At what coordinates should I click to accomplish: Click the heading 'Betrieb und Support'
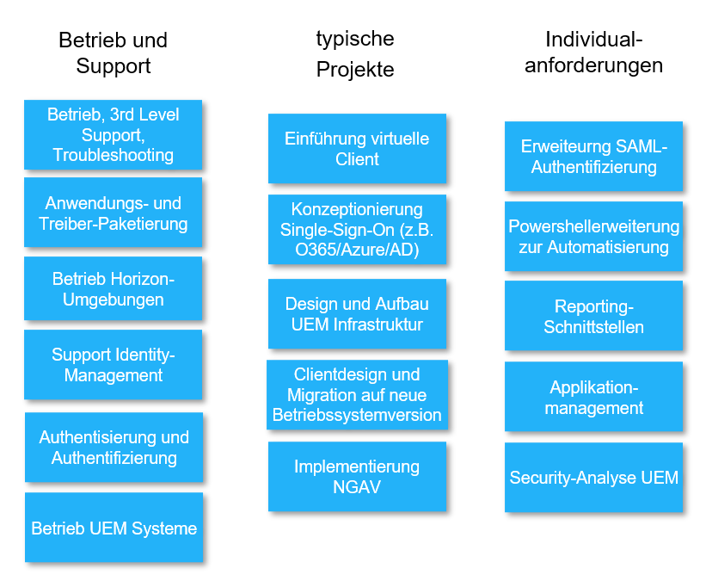pyautogui.click(x=113, y=53)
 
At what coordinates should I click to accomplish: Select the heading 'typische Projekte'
pyautogui.click(x=355, y=53)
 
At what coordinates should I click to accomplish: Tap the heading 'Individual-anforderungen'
pyautogui.click(x=593, y=52)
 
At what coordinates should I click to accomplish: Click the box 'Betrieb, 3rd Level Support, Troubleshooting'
pyautogui.click(x=113, y=134)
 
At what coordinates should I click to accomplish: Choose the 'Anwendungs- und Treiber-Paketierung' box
pyautogui.click(x=113, y=213)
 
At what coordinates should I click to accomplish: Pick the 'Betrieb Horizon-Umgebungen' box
pyautogui.click(x=113, y=289)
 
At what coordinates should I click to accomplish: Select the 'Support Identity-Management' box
pyautogui.click(x=113, y=365)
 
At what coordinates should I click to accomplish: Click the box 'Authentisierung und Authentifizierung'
pyautogui.click(x=114, y=448)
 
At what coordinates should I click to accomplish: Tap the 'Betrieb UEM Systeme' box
pyautogui.click(x=114, y=528)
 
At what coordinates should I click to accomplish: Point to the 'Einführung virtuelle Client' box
pyautogui.click(x=357, y=148)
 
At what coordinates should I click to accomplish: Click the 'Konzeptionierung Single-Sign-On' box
pyautogui.click(x=357, y=230)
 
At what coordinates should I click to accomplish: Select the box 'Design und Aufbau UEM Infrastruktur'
pyautogui.click(x=357, y=314)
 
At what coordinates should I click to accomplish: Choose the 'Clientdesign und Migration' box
pyautogui.click(x=357, y=395)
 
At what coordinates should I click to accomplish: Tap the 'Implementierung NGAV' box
pyautogui.click(x=357, y=477)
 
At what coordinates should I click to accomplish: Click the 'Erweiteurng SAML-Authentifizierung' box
pyautogui.click(x=593, y=157)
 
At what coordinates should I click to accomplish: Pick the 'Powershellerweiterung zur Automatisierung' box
pyautogui.click(x=593, y=237)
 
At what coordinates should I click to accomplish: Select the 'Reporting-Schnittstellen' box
pyautogui.click(x=593, y=316)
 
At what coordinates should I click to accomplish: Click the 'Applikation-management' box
pyautogui.click(x=593, y=397)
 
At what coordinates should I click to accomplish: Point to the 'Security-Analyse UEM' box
pyautogui.click(x=593, y=478)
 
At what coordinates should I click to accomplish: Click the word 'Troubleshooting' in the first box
pyautogui.click(x=113, y=155)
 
